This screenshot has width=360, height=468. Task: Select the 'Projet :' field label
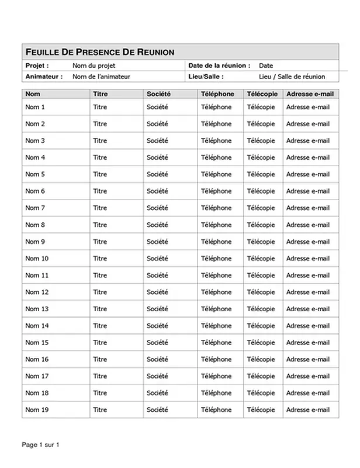(37, 66)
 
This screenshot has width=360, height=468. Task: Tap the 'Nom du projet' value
(94, 66)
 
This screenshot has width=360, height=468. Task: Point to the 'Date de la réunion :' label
(220, 66)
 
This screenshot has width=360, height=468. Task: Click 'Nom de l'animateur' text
(101, 77)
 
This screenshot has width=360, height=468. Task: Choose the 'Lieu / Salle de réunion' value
(292, 77)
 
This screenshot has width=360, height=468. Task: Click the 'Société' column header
(158, 94)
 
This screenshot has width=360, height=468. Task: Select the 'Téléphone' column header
(217, 94)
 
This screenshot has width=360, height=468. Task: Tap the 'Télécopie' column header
(261, 94)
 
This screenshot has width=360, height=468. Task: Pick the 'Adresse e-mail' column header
(309, 94)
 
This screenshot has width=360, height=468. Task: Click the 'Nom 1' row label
(35, 107)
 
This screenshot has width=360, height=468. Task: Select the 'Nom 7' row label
(35, 208)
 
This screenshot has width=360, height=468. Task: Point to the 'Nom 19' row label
(37, 410)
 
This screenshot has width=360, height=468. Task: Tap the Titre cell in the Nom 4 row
(100, 157)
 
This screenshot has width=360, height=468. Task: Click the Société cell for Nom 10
(157, 259)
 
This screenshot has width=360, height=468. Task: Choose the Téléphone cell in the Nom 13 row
(216, 309)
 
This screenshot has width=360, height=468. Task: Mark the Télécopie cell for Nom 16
(261, 360)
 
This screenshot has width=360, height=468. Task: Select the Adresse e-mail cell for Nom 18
(308, 393)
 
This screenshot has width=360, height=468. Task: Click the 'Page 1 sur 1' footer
(41, 445)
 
